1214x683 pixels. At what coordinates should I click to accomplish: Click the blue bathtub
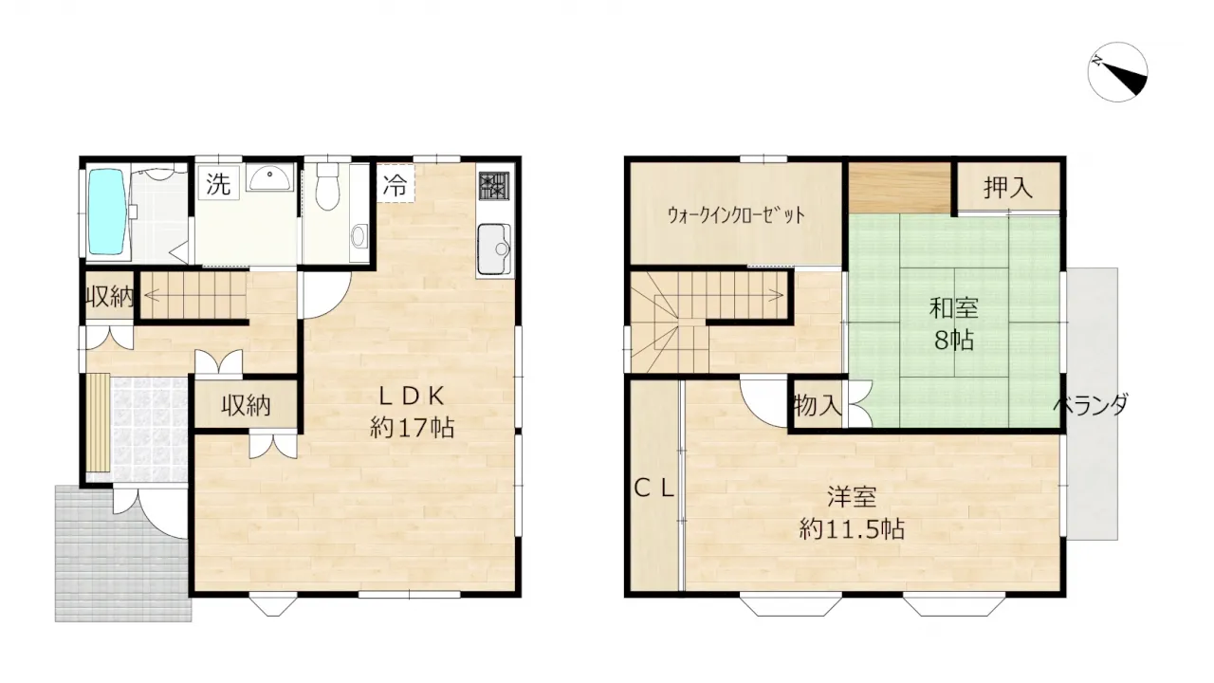point(108,212)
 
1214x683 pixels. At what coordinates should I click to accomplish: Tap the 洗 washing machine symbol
point(218,183)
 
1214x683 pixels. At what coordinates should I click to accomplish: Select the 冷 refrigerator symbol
point(395,183)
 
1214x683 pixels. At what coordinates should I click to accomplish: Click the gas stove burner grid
point(494,185)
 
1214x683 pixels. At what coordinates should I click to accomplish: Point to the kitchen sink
point(494,249)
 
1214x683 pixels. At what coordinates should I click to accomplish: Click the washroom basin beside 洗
point(269,176)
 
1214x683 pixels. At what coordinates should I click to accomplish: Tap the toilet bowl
point(327,187)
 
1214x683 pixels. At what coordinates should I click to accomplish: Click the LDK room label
point(412,397)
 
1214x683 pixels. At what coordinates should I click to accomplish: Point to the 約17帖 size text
point(412,428)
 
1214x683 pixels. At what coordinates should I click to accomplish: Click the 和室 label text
point(954,309)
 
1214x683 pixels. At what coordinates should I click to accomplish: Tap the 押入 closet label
point(1008,188)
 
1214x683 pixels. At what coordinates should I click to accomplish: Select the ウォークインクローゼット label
point(736,215)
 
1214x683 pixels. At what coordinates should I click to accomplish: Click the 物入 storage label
point(818,405)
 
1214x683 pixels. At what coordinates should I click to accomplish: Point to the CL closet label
point(654,489)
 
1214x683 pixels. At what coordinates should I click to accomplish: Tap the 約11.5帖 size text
point(852,528)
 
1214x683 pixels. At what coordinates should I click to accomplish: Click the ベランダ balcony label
point(1091,404)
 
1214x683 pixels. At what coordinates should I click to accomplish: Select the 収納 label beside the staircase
point(110,297)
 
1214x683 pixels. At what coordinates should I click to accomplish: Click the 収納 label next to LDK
point(246,405)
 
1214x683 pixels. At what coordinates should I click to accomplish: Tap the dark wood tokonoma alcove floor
point(900,188)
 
